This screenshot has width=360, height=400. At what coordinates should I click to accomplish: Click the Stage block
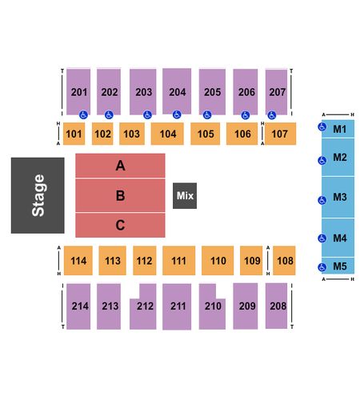point(38,195)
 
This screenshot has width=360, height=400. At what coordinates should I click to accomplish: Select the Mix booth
point(185,196)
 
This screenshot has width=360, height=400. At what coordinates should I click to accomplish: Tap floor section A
point(120,166)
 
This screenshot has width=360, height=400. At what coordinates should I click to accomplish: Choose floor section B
point(120,195)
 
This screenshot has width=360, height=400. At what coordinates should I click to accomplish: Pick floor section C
point(120,225)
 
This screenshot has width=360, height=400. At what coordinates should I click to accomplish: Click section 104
point(167,134)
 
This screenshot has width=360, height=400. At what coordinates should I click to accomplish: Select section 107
point(280,134)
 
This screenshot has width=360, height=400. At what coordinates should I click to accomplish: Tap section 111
point(179,261)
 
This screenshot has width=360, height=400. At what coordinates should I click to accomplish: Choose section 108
point(284,261)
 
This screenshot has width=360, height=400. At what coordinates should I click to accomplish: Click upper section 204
point(177,91)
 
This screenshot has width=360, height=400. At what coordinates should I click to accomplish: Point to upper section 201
point(78,92)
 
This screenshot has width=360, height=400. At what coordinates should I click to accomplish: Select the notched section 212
point(143,306)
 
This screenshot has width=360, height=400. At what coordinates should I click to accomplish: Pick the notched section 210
point(212,306)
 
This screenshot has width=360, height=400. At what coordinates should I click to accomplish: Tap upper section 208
point(276,306)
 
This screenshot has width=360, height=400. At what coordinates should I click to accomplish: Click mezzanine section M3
point(338,198)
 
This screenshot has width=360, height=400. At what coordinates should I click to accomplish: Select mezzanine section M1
point(338,129)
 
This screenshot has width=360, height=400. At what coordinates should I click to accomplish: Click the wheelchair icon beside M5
point(322,267)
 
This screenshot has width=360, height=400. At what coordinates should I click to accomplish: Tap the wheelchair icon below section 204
point(177,114)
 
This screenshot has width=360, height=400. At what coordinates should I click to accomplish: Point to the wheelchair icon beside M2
point(322,161)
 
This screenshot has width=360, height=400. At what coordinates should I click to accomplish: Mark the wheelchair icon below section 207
point(272,115)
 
